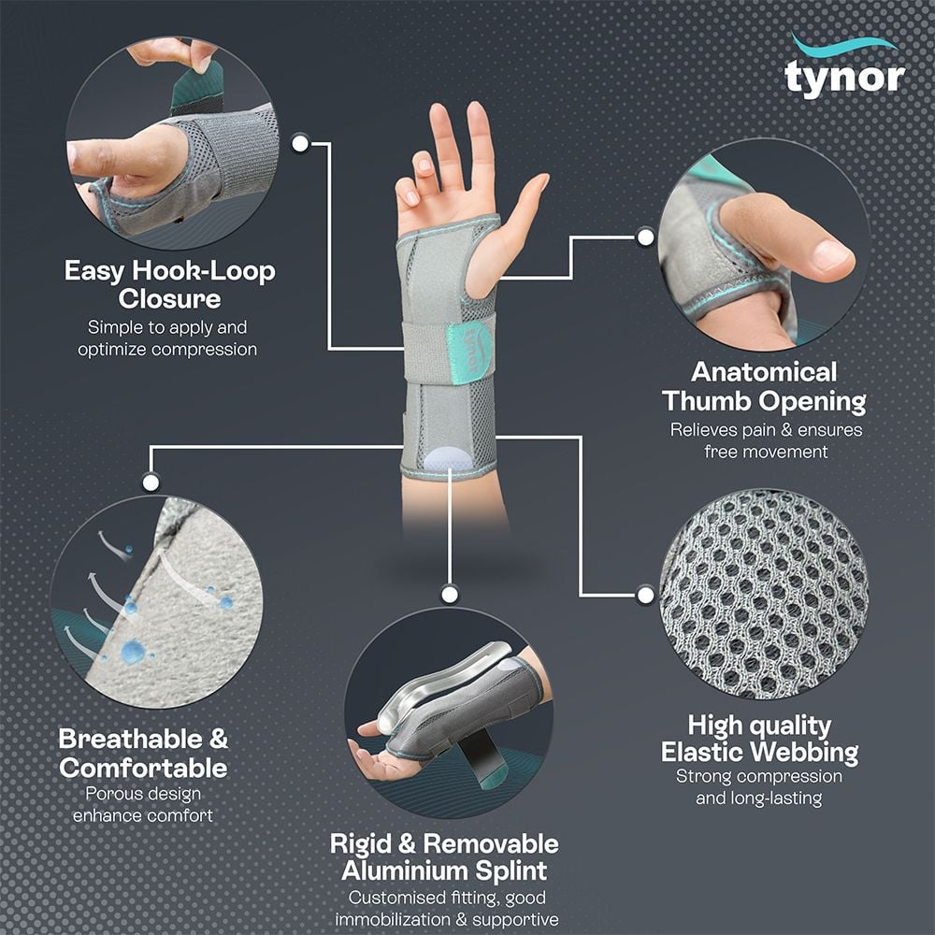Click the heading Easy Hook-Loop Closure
(169, 285)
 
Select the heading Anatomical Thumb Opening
(764, 387)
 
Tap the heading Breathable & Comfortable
(143, 753)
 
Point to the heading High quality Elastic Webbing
(759, 738)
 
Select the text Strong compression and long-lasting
(758, 787)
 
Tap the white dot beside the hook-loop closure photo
(300, 143)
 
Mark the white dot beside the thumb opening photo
(645, 237)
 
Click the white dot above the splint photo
(450, 594)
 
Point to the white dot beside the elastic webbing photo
(644, 594)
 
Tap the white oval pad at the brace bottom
(448, 459)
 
